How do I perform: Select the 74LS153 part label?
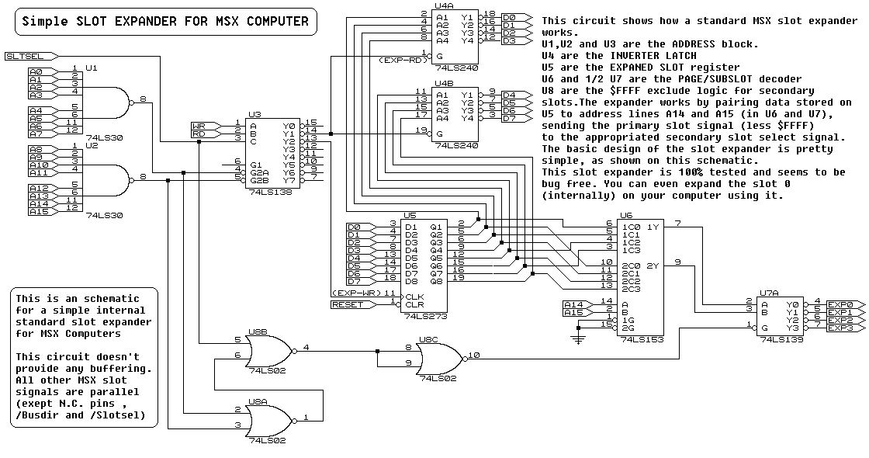(639, 339)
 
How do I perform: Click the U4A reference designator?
(445, 5)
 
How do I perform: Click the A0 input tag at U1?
(36, 71)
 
